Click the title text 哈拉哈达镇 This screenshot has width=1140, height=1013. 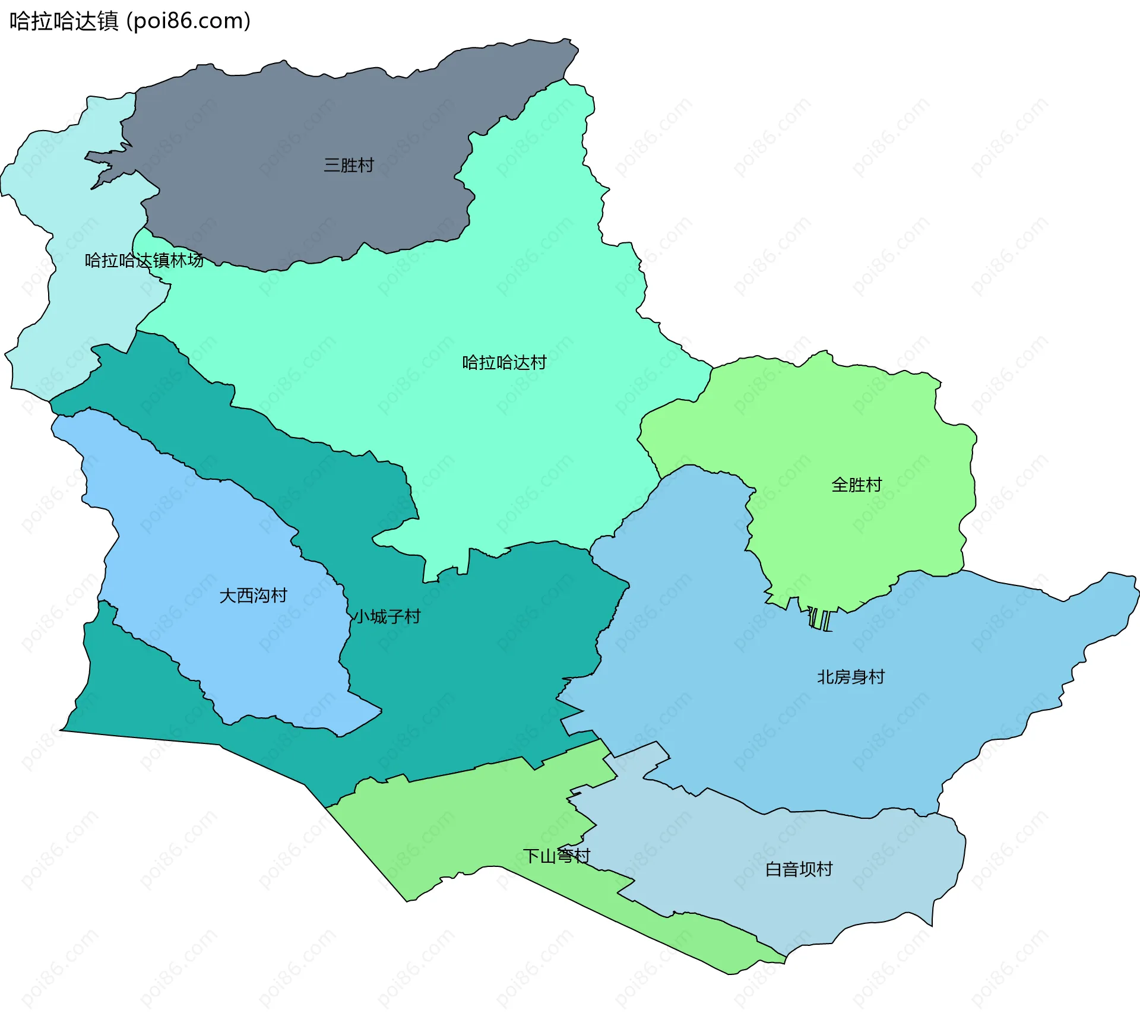coord(64,21)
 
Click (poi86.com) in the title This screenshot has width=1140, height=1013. coord(188,21)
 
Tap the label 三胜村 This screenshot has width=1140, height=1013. coord(349,165)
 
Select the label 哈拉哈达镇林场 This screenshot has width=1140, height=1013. coord(144,260)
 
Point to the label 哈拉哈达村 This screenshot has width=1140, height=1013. coord(504,362)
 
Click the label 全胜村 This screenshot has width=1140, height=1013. coord(856,485)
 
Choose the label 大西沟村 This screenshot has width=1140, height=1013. coord(253,595)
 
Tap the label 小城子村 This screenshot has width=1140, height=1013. coord(387,616)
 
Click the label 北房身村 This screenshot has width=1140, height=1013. coord(850,676)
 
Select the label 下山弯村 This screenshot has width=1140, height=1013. coord(556,856)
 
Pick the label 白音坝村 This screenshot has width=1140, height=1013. coord(799,869)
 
